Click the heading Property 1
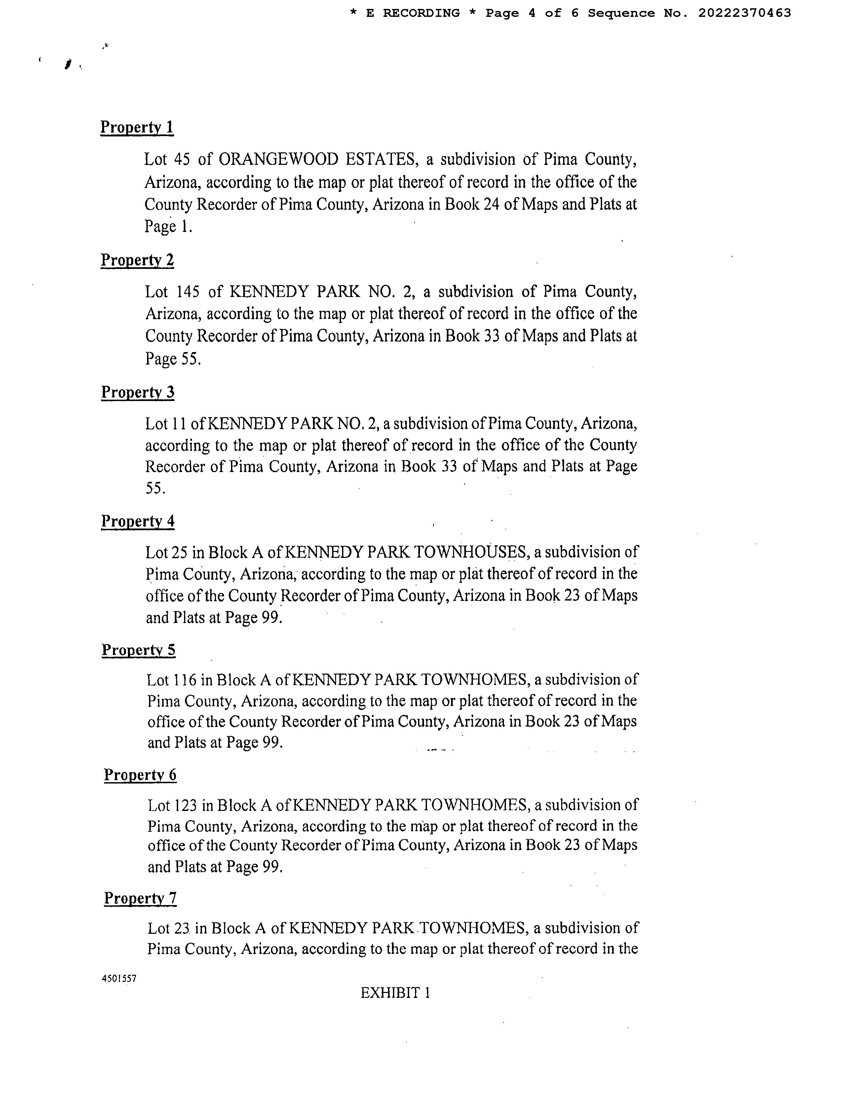137,127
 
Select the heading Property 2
137,260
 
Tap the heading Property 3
138,392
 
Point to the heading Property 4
138,521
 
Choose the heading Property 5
138,650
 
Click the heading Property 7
140,898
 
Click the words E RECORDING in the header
413,13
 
